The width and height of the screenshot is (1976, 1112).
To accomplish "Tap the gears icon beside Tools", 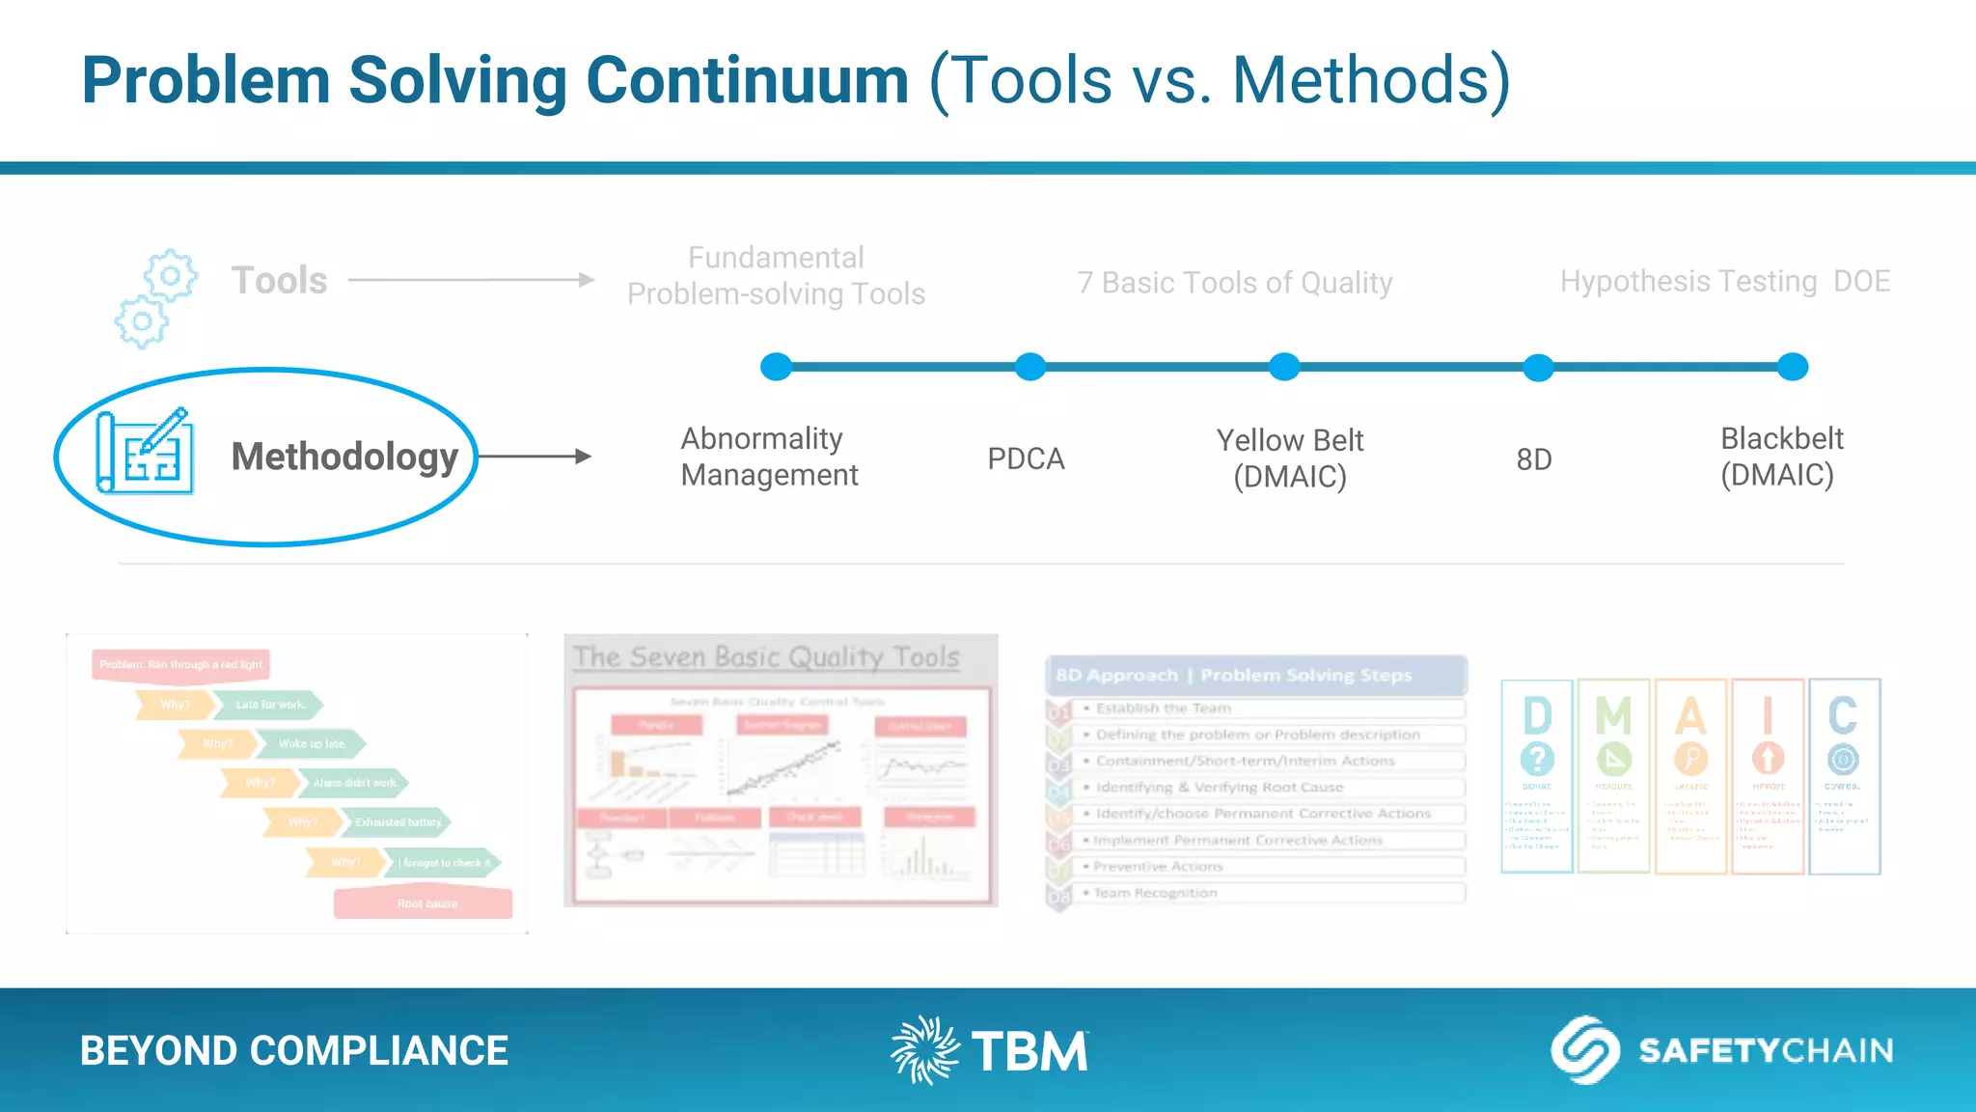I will [x=155, y=298].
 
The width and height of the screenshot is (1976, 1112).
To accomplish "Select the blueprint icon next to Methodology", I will [x=145, y=452].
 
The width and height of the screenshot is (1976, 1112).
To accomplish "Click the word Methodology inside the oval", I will [x=344, y=457].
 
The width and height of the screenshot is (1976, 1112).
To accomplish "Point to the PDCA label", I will [x=1026, y=459].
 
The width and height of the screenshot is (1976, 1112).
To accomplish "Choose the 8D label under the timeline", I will [x=1533, y=459].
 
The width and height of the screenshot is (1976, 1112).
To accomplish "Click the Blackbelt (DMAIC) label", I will [x=1781, y=457].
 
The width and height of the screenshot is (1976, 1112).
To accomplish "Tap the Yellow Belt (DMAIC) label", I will [x=1289, y=459].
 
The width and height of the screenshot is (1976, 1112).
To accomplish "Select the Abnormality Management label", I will [x=769, y=457].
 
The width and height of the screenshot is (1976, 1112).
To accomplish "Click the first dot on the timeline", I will [x=776, y=367].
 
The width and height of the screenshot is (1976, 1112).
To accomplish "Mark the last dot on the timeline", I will [x=1792, y=367].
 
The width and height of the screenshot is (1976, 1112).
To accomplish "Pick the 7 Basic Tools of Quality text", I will [x=1234, y=283].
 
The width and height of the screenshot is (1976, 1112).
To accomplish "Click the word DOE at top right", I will [x=1861, y=281].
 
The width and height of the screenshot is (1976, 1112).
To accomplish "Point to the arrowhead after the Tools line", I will [x=587, y=280].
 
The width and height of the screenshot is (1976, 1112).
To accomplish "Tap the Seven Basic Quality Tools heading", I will [x=766, y=657].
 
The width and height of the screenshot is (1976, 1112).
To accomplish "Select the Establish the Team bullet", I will [x=1163, y=708].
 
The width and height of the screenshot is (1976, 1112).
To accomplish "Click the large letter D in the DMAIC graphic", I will [x=1537, y=716].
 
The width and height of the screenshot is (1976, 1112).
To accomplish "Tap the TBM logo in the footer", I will [x=989, y=1050].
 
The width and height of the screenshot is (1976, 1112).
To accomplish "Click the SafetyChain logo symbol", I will [x=1584, y=1050].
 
